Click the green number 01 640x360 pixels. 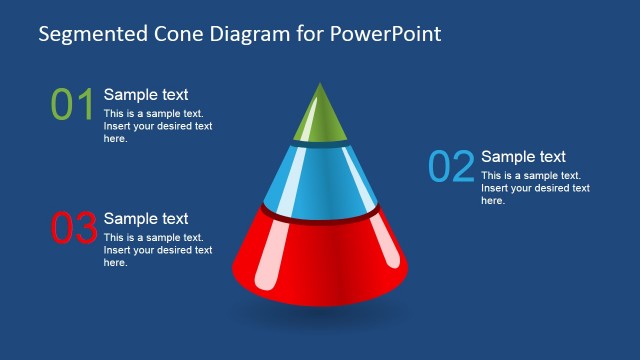(72, 105)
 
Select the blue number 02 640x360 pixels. (450, 167)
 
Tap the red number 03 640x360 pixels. (72, 229)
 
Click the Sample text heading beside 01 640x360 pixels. (146, 95)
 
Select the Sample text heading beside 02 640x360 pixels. (523, 157)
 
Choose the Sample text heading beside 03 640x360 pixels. (146, 219)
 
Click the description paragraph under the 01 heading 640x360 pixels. (157, 126)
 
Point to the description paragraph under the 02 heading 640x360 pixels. (534, 188)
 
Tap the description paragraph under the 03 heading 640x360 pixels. (157, 250)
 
